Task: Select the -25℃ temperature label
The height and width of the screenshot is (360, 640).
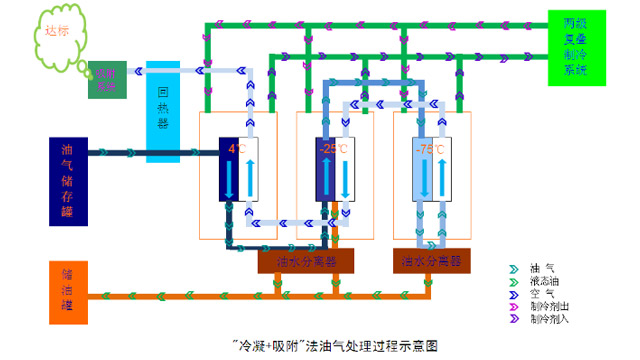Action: (333, 149)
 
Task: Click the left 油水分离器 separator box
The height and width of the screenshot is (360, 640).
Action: (310, 260)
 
